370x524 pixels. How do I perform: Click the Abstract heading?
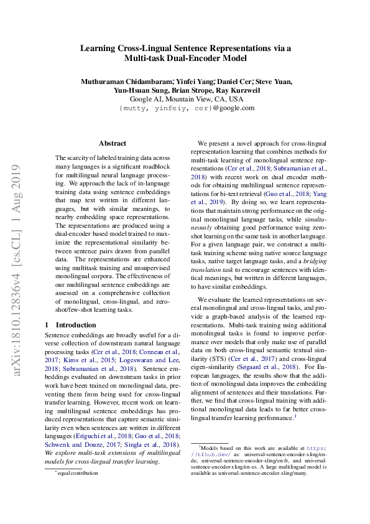click(x=113, y=143)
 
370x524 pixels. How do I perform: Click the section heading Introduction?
click(x=76, y=325)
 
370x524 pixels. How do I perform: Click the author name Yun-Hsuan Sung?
click(x=136, y=90)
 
